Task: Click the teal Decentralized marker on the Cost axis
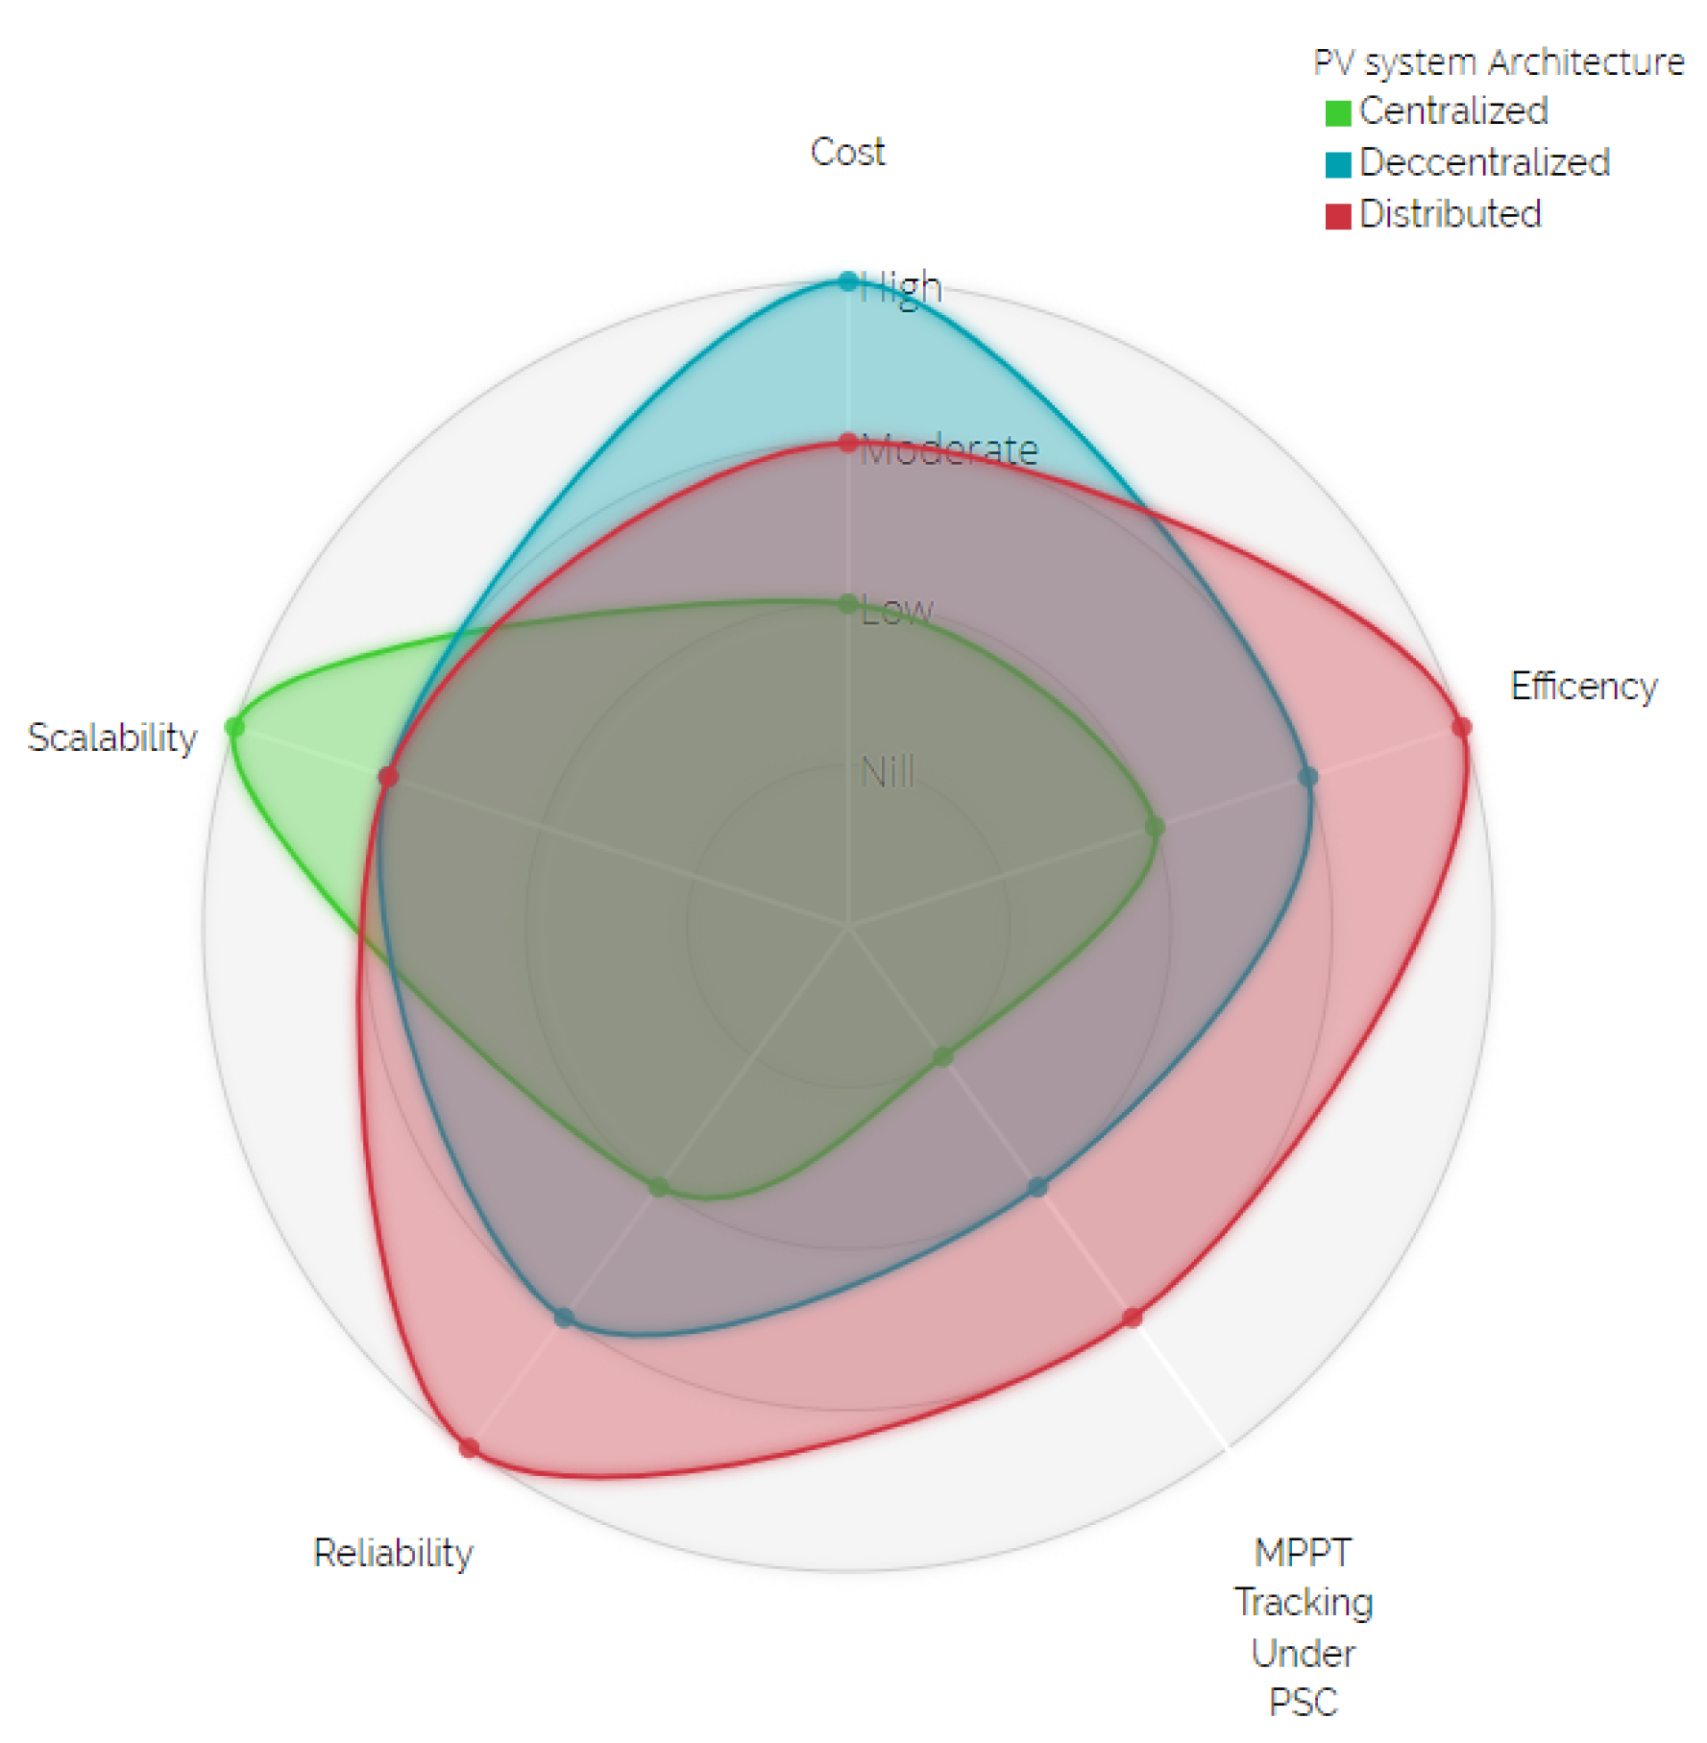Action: coord(847,281)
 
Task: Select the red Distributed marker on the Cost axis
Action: coord(847,443)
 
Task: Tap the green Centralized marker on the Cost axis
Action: coord(847,604)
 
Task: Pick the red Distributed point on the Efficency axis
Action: coord(1461,726)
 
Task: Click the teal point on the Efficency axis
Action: coord(1307,776)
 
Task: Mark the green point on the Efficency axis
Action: coord(1155,827)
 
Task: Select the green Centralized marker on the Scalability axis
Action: coord(233,727)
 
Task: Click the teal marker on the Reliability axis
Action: coord(563,1318)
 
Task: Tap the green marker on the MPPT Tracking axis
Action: coord(942,1057)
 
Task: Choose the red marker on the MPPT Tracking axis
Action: coord(1133,1318)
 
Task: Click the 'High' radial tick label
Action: coord(901,287)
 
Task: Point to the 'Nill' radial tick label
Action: coord(888,772)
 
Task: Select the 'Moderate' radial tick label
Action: coord(949,449)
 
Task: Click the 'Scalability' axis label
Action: coord(111,738)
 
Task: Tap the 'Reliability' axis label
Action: coord(393,1553)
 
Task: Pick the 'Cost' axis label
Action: coord(847,152)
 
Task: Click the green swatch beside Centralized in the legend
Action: coord(1337,112)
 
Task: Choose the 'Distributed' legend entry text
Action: coord(1451,214)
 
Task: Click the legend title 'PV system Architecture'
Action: coord(1499,62)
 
